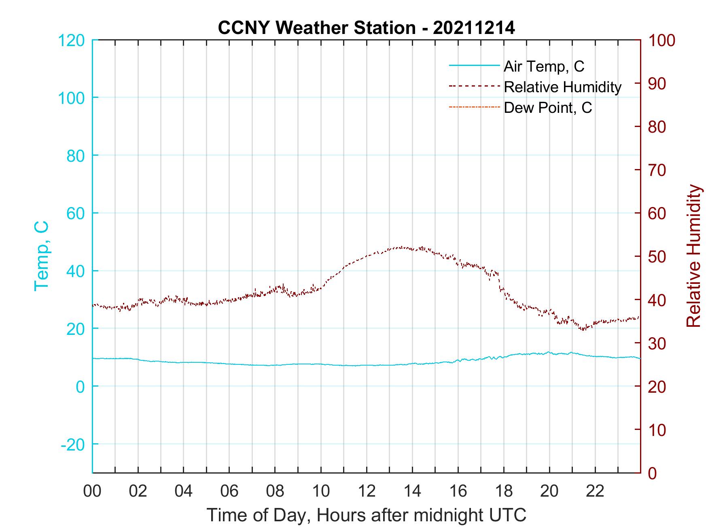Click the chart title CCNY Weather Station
point(366,28)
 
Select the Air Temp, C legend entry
point(543,66)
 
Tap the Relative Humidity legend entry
point(562,87)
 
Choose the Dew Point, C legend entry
point(547,108)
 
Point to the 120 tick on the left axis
point(72,40)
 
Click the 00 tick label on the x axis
point(92,491)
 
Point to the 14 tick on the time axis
point(412,491)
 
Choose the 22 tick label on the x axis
point(595,491)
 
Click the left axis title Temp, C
point(41,256)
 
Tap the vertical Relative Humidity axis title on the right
point(693,256)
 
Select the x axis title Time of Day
point(366,515)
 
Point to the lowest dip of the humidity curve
point(583,329)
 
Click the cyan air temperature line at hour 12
point(367,365)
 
